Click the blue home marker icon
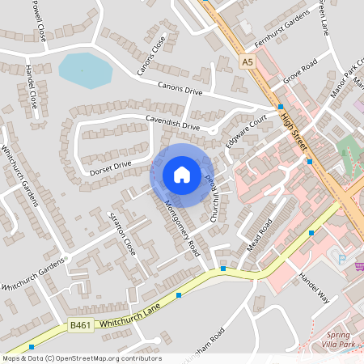pyautogui.click(x=182, y=174)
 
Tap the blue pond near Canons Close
pyautogui.click(x=84, y=70)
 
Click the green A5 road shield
pyautogui.click(x=248, y=61)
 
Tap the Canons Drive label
pyautogui.click(x=180, y=88)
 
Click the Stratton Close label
pyautogui.click(x=122, y=234)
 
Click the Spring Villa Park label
pyautogui.click(x=344, y=340)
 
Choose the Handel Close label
pyautogui.click(x=32, y=87)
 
